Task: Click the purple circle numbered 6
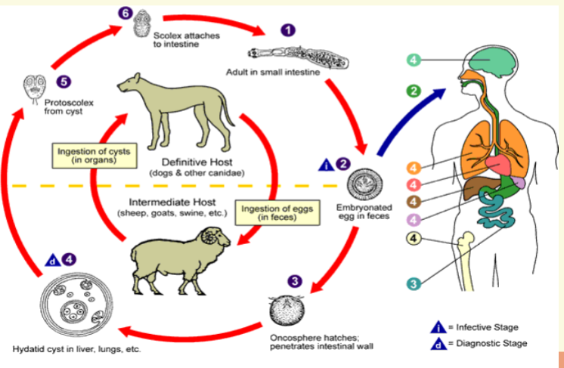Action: [x=126, y=12]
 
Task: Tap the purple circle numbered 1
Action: [x=287, y=30]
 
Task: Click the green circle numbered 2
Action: [x=413, y=91]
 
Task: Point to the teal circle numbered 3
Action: [x=413, y=283]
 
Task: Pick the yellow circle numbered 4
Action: [x=413, y=240]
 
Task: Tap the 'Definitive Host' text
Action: [x=191, y=162]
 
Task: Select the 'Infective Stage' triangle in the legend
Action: [x=436, y=327]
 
